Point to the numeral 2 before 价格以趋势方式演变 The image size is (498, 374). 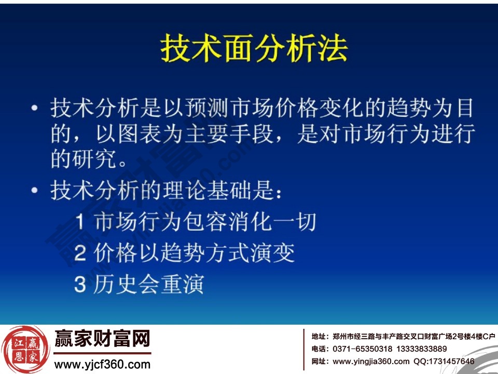(x=80, y=253)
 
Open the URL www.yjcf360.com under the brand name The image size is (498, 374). (x=102, y=364)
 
